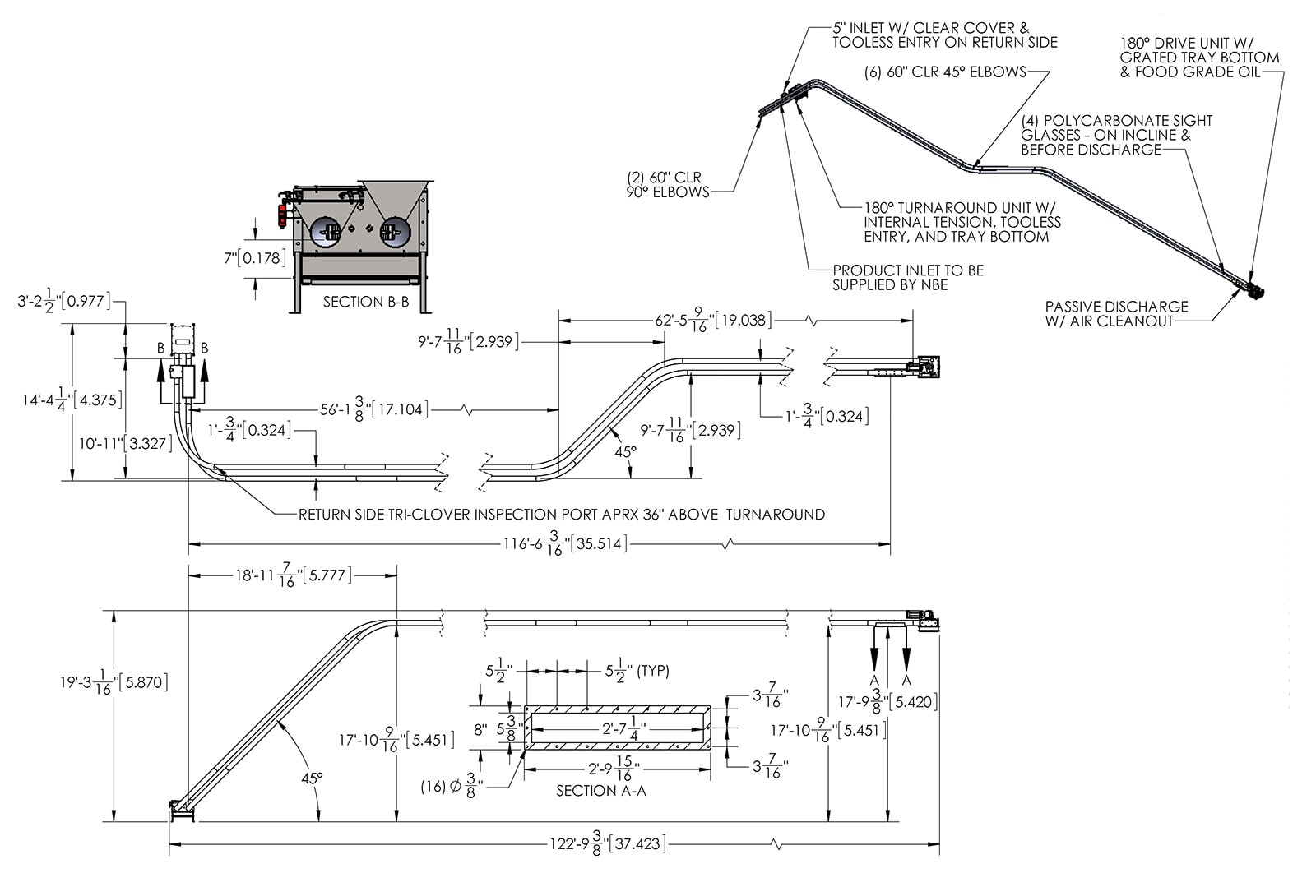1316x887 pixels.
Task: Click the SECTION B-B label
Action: coord(365,302)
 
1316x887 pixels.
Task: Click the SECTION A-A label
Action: coord(600,791)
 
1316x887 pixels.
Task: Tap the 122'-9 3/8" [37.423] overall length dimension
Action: coord(607,843)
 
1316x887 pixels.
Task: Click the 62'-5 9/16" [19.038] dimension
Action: coord(713,320)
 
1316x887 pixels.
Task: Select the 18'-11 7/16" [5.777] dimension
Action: coord(294,575)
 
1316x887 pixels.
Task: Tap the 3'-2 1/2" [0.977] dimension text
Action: coord(63,301)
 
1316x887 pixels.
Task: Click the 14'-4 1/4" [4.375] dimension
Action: coord(72,400)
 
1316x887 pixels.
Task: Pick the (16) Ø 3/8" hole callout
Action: coord(452,786)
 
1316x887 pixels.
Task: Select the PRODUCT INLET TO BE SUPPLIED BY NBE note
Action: coord(907,278)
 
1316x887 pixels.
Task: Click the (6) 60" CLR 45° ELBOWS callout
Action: coord(945,72)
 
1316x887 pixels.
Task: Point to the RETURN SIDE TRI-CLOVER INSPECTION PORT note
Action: coord(561,515)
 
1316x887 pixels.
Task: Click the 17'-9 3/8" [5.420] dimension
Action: coord(888,702)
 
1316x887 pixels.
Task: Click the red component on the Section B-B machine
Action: coord(282,215)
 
